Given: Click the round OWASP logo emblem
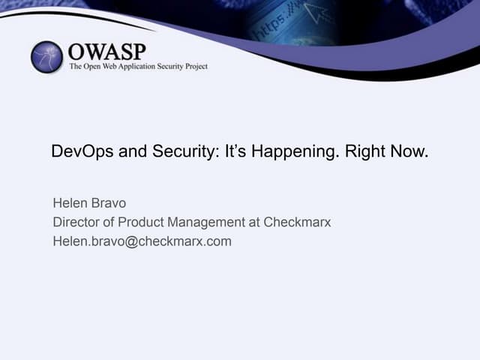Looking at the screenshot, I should (x=47, y=57).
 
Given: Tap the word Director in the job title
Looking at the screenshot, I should (x=76, y=223).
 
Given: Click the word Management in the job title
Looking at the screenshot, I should (x=207, y=223).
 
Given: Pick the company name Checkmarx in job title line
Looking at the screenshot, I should (x=299, y=223).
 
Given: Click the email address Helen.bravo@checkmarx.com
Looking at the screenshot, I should (x=142, y=241).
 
